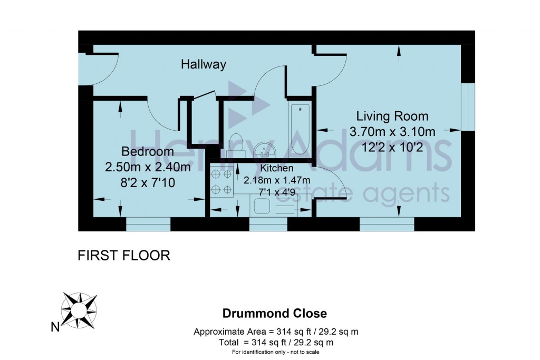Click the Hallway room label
[203, 65]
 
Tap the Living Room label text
[392, 116]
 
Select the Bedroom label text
[148, 152]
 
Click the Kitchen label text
[277, 169]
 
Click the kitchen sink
[262, 206]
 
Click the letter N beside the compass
[54, 327]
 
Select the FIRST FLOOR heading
[123, 256]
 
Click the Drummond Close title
[274, 314]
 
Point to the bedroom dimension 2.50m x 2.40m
[148, 168]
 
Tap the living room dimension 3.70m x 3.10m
[392, 131]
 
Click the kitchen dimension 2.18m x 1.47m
[277, 180]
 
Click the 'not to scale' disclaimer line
[275, 352]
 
